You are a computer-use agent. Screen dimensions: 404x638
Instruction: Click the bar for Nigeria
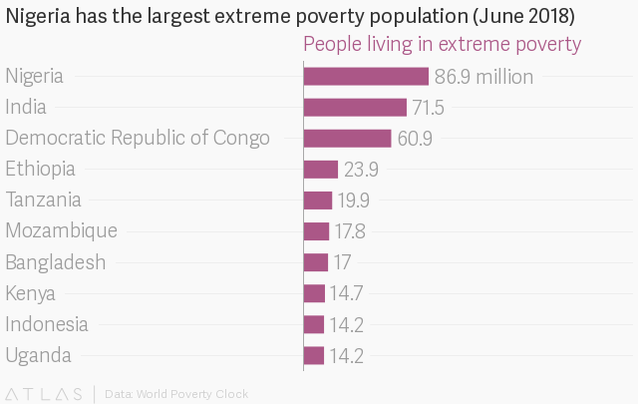[366, 77]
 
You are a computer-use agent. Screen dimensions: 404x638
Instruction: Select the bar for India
[355, 108]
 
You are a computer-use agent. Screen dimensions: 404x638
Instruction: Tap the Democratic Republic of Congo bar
[347, 139]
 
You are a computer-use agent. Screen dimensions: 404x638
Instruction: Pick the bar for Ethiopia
[321, 170]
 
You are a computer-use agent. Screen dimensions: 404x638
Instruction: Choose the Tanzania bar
[318, 201]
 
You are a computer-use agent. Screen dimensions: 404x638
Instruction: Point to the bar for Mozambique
[316, 231]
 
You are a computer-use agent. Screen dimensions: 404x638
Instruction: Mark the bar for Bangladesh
[316, 262]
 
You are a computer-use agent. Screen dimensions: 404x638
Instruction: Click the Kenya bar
[314, 293]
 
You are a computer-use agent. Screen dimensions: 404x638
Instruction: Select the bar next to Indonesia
[314, 324]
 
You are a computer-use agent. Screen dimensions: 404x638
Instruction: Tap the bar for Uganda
[314, 355]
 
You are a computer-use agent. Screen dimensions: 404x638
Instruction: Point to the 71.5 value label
[428, 108]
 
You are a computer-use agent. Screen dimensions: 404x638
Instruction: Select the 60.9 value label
[415, 139]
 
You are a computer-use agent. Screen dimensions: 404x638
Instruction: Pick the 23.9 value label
[361, 170]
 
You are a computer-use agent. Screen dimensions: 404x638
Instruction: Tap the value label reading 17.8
[350, 231]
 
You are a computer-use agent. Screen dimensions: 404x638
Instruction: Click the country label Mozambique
[61, 231]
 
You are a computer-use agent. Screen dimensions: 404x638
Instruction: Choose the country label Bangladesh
[56, 262]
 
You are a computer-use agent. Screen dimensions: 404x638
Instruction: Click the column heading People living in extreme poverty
[442, 45]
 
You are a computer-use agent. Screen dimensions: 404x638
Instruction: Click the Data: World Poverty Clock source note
[176, 394]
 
